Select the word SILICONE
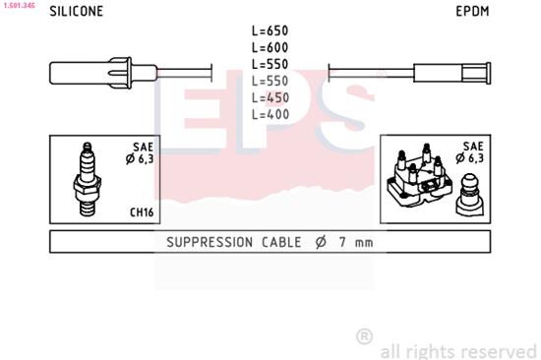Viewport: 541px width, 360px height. (x=76, y=13)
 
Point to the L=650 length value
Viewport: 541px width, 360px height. (x=270, y=30)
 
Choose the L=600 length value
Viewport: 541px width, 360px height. (x=270, y=46)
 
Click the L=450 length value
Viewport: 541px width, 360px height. (x=270, y=96)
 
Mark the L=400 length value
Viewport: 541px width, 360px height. (x=270, y=113)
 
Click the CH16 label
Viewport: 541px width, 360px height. (x=142, y=211)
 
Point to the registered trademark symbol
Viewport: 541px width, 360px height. (x=364, y=336)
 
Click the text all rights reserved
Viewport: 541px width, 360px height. (x=457, y=349)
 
